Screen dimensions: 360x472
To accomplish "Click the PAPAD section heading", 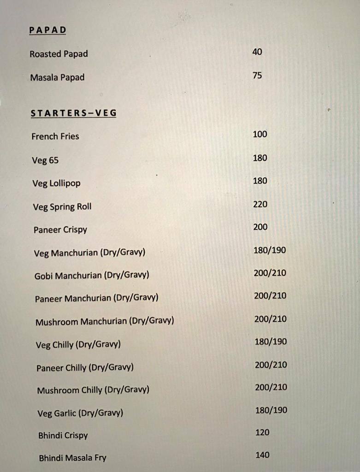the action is [x=48, y=30].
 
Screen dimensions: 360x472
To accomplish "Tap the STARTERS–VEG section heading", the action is [x=73, y=113].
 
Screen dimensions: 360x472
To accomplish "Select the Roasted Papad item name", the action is [x=59, y=54].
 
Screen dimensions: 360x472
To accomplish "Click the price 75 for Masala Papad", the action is [x=257, y=75].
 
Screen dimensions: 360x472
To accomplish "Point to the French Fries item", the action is [x=55, y=136].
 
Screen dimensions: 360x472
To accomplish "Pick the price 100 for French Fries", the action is [x=260, y=134].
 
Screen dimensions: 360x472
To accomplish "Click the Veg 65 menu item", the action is [x=45, y=160].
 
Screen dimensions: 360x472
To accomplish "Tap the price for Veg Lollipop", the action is [x=260, y=181].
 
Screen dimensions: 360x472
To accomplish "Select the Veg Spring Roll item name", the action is [x=62, y=206].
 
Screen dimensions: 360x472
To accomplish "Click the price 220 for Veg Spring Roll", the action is [x=260, y=204].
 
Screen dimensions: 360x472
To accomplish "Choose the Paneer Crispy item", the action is [x=60, y=230].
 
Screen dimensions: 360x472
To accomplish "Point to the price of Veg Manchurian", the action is [x=270, y=250].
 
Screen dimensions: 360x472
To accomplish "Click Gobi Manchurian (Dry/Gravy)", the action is [x=92, y=276].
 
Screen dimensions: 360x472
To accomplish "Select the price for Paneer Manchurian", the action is [x=270, y=295].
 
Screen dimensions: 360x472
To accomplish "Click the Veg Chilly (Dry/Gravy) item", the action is [x=78, y=344].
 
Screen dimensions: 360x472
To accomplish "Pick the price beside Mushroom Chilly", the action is [x=271, y=387].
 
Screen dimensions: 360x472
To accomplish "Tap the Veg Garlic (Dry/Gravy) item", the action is [x=80, y=413].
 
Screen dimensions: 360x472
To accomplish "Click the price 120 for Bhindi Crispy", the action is [x=262, y=432].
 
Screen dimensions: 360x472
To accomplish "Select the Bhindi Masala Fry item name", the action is [x=73, y=458].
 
